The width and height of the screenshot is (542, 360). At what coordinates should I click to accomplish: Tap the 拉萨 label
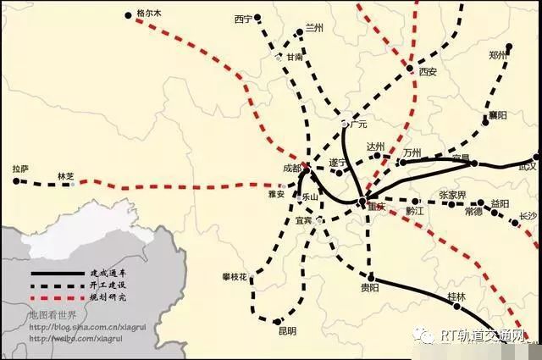point(20,169)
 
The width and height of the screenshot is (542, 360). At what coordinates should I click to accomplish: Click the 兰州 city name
point(314,28)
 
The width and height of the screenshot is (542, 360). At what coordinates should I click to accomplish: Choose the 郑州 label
point(498,55)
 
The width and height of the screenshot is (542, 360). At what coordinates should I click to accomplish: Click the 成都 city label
point(291,168)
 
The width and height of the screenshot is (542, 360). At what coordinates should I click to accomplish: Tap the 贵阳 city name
point(370,287)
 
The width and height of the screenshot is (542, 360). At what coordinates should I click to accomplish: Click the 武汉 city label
point(528,169)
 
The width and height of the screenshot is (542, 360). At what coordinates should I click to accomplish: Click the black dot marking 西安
point(410,69)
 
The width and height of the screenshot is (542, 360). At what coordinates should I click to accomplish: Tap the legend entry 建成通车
point(107,274)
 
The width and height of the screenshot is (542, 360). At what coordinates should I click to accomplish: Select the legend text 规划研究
point(107,298)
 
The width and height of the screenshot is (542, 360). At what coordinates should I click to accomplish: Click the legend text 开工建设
point(107,286)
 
